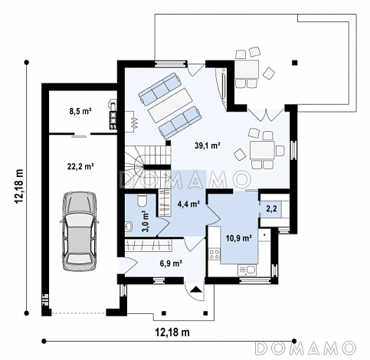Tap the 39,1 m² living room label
(208, 146)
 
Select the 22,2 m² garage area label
(80, 166)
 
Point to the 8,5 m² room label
(80, 111)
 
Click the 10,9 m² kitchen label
(239, 238)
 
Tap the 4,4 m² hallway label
(188, 204)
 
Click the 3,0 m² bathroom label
(146, 221)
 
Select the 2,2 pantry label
(271, 209)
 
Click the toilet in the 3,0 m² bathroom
(142, 200)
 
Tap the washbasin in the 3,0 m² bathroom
(129, 227)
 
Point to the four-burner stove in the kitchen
(214, 254)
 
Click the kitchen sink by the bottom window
(247, 270)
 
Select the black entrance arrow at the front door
(196, 290)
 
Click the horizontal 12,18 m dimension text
(172, 332)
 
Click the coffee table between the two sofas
(170, 106)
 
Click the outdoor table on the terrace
(247, 70)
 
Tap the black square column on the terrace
(295, 63)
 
